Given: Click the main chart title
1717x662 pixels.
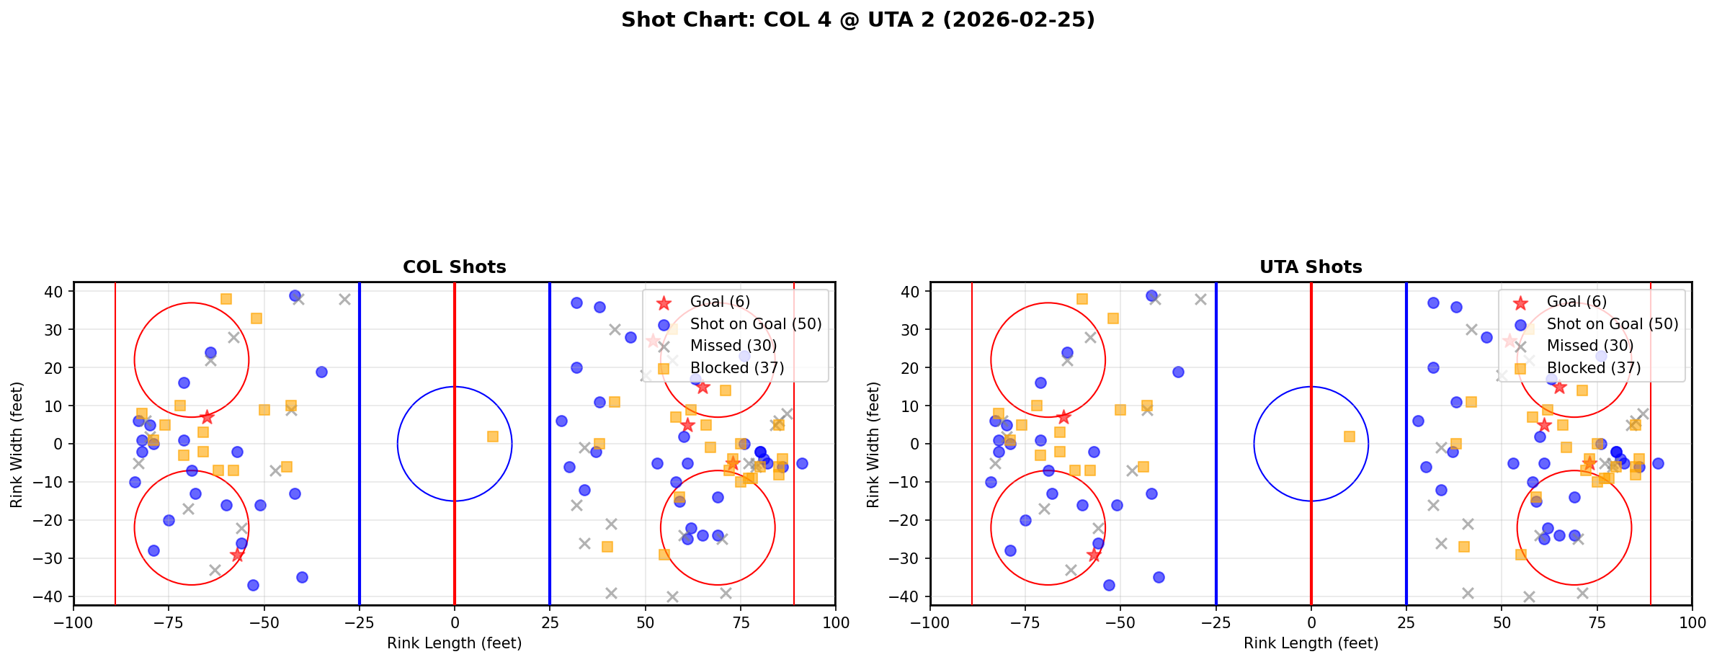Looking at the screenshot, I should pyautogui.click(x=857, y=20).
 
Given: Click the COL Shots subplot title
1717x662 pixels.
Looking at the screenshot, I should pyautogui.click(x=454, y=267).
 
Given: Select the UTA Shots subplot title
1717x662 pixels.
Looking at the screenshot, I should pyautogui.click(x=1311, y=267).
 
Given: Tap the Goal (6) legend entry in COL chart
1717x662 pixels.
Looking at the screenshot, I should pyautogui.click(x=720, y=302).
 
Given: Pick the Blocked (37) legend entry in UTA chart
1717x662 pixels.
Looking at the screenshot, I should pyautogui.click(x=1593, y=368).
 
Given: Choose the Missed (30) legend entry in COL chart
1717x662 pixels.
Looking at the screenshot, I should pyautogui.click(x=733, y=346).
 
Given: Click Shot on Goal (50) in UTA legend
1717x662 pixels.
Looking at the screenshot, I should pyautogui.click(x=1612, y=324).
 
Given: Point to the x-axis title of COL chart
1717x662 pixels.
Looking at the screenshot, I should pyautogui.click(x=454, y=643).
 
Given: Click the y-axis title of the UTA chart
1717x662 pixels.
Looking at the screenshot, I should pyautogui.click(x=873, y=444).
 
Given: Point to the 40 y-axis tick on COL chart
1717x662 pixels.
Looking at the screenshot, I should pyautogui.click(x=58, y=292).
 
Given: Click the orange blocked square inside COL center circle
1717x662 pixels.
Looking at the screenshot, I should pyautogui.click(x=493, y=437).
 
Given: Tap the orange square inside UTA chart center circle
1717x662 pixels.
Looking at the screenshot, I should pyautogui.click(x=1350, y=437).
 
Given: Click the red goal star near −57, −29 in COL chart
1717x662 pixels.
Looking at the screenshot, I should pyautogui.click(x=237, y=555).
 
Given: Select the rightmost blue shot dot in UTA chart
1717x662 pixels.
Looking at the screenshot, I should pyautogui.click(x=1658, y=463).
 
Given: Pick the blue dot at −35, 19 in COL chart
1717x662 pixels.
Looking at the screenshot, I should pyautogui.click(x=321, y=372).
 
